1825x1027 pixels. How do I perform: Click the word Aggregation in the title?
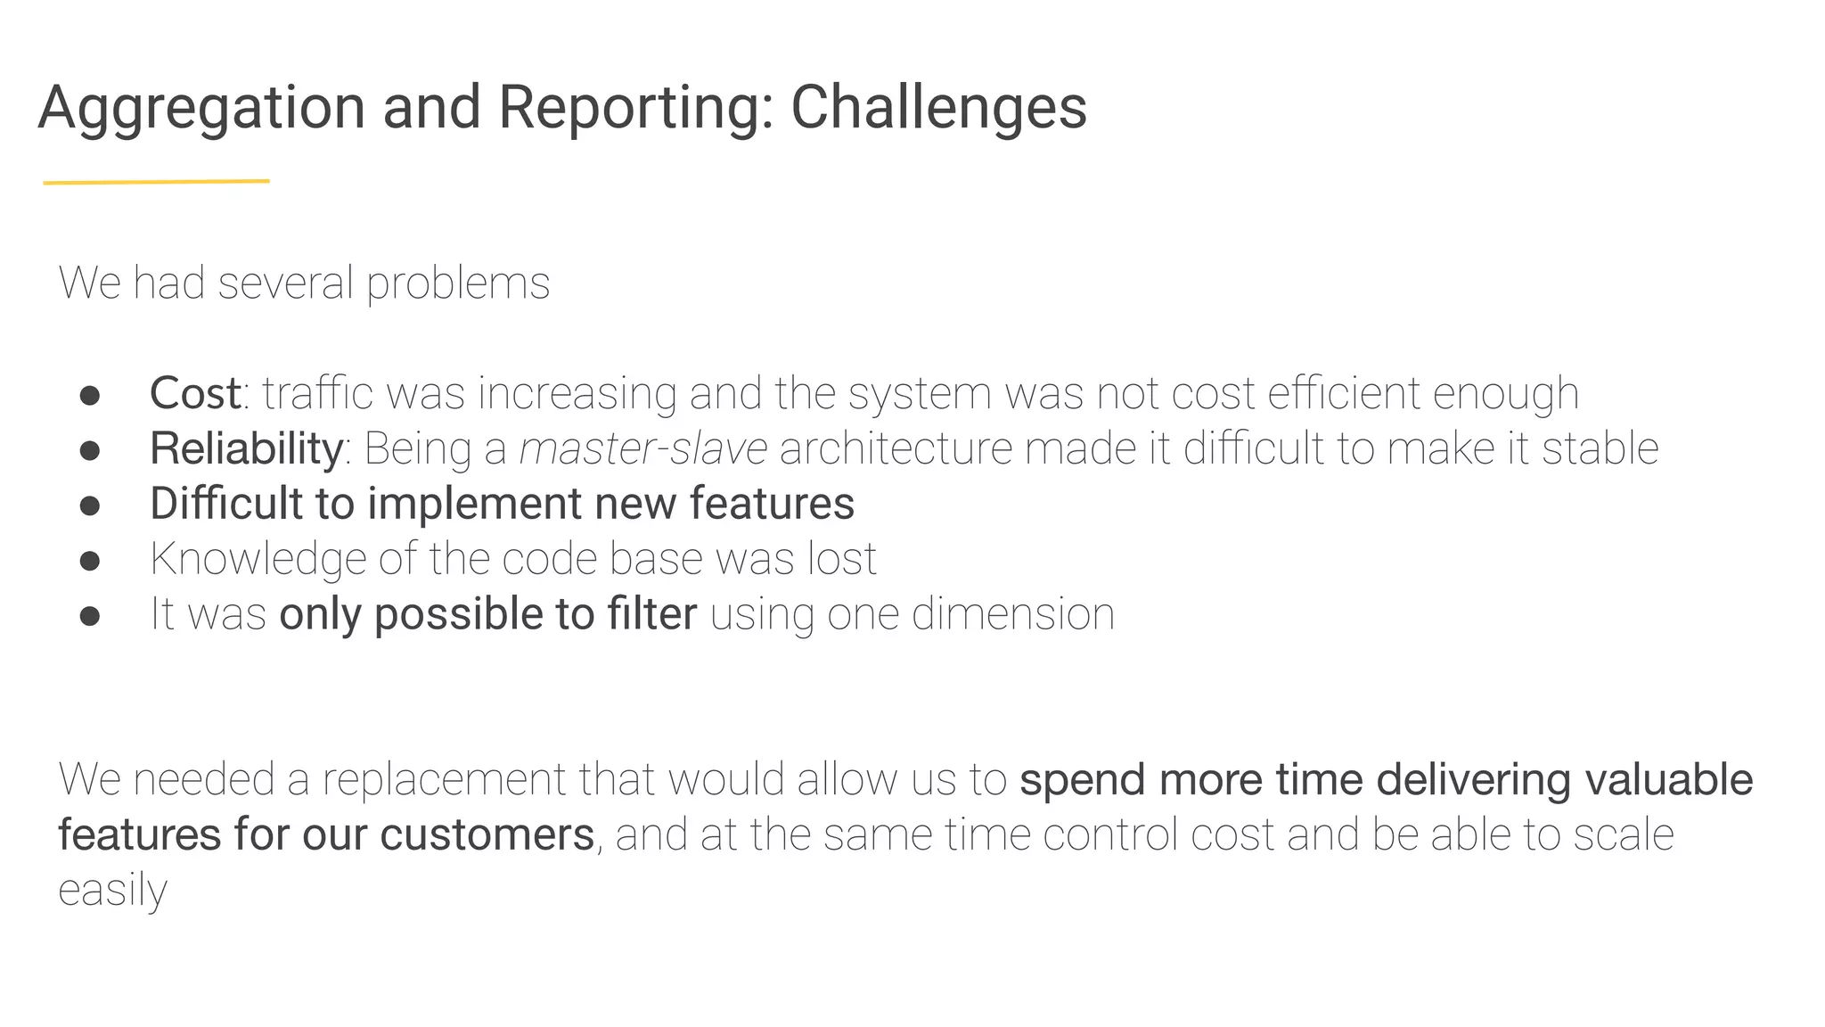click(201, 109)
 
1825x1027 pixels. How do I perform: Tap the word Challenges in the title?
click(938, 109)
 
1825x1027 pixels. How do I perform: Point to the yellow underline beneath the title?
click(156, 182)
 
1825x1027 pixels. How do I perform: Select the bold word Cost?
click(194, 393)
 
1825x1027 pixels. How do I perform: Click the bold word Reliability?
click(246, 448)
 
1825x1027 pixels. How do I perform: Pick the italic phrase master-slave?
click(642, 448)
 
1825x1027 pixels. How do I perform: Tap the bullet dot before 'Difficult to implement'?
click(89, 505)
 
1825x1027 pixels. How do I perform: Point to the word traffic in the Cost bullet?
click(317, 393)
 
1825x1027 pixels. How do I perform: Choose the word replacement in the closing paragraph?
click(443, 780)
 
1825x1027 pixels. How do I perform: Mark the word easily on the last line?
click(112, 891)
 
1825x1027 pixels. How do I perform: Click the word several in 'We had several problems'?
click(285, 283)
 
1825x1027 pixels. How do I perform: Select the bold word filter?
click(651, 614)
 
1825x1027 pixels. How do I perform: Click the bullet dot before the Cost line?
click(89, 395)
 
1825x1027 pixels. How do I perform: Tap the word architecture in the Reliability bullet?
click(896, 448)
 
